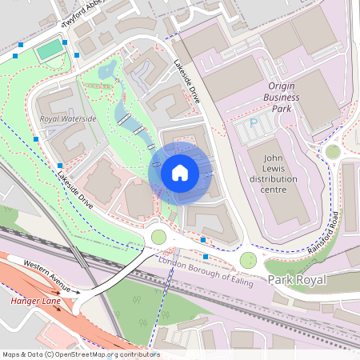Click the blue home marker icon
(180, 173)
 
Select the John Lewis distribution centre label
(274, 178)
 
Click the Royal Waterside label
(68, 118)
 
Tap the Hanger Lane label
(35, 302)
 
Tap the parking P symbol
(254, 123)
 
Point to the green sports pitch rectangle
(50, 50)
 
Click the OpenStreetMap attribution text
(80, 354)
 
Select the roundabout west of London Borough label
(158, 237)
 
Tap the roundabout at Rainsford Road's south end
(249, 259)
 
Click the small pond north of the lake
(106, 73)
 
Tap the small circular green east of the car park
(333, 151)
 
